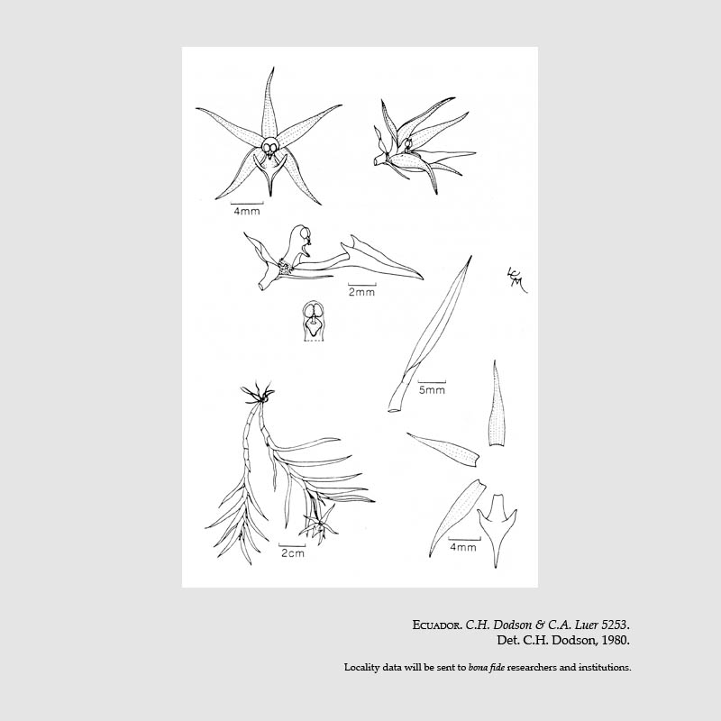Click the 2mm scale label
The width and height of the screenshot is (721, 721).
tap(361, 292)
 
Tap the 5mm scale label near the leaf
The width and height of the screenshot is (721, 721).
tap(432, 390)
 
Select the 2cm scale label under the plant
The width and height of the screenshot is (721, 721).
tap(292, 552)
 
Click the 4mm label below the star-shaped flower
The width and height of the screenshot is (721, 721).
tap(247, 212)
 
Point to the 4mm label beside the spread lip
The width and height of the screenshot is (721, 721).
tap(463, 547)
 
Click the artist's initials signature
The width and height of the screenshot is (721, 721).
tap(516, 279)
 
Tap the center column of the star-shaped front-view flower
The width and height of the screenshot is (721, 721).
tap(269, 148)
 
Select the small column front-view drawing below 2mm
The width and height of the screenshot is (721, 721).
tap(313, 322)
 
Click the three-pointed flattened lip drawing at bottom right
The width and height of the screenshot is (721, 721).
tap(497, 529)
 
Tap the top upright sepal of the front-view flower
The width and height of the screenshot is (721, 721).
tap(269, 104)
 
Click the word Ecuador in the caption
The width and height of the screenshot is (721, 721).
tap(436, 625)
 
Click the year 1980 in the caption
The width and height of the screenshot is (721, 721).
tap(616, 640)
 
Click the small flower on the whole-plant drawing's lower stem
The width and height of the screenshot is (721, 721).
tap(319, 523)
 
